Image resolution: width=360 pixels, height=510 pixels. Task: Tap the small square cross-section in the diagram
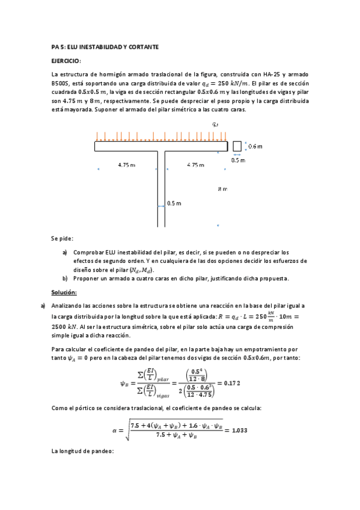(237, 146)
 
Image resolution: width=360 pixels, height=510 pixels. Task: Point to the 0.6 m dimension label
(255, 147)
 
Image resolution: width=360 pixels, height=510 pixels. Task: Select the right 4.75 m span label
(196, 165)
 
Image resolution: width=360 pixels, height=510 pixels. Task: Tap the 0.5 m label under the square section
(239, 161)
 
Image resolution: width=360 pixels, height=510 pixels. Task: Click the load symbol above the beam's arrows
(216, 124)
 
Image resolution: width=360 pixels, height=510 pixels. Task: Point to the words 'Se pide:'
(62, 238)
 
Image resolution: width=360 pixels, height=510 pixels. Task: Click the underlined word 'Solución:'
(64, 292)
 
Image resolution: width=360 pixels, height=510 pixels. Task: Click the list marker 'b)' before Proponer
(65, 278)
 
